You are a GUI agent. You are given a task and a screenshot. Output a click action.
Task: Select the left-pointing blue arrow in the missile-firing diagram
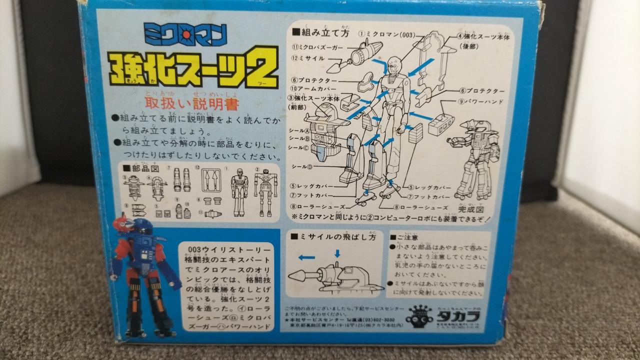tap(307, 257)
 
